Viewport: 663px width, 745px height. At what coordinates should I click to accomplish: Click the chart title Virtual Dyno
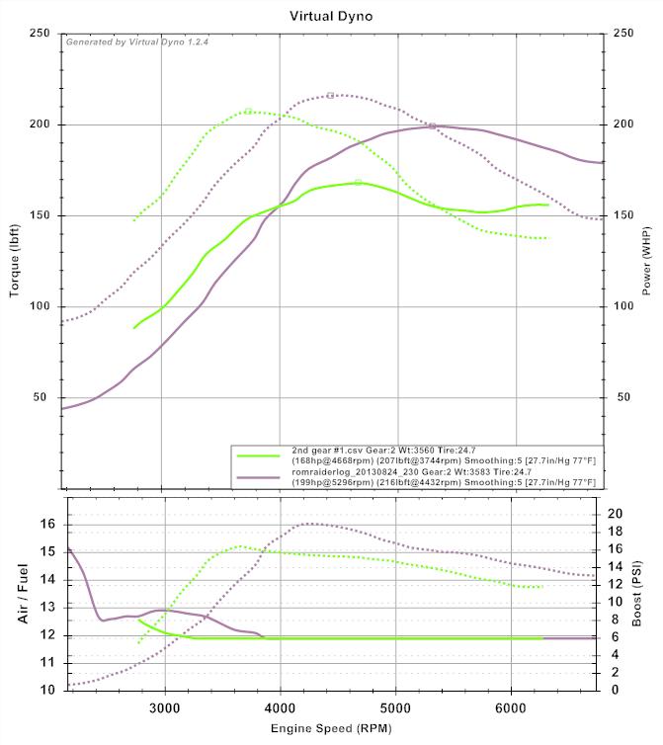point(331,16)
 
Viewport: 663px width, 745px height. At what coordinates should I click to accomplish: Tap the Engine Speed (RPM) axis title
point(331,729)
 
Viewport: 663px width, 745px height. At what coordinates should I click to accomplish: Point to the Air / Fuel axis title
point(22,594)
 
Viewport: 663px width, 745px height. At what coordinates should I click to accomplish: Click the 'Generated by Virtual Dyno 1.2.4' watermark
point(137,42)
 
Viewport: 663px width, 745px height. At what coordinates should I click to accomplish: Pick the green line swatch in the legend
point(259,455)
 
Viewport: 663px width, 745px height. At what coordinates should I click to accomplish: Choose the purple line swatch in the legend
point(259,478)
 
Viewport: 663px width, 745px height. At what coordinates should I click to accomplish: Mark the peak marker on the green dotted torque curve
point(248,111)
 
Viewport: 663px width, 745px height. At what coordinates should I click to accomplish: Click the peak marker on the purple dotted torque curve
point(330,96)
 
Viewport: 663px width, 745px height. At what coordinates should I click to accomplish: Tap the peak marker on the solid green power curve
point(358,182)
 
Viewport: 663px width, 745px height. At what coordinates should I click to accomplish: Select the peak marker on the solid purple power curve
point(432,126)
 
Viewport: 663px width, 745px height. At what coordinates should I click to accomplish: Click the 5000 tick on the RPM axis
point(395,707)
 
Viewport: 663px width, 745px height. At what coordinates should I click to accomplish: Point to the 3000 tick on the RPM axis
point(164,707)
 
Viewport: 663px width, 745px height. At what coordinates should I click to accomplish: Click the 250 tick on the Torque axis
point(41,34)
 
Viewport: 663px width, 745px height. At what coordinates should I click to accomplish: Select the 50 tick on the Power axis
point(619,397)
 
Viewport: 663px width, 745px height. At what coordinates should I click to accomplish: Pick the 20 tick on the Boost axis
point(615,514)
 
